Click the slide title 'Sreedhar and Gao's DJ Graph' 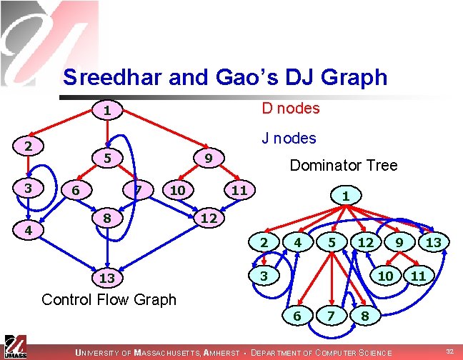(x=225, y=76)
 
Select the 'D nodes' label (x=290, y=109)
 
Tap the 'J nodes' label (x=289, y=138)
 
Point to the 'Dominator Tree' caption (x=343, y=166)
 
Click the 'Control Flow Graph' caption (x=109, y=299)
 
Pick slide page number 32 (x=449, y=351)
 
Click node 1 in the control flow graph (x=106, y=111)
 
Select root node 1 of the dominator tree (x=345, y=195)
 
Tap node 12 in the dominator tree (x=366, y=243)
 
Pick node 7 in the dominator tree (x=330, y=315)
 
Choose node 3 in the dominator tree (x=264, y=275)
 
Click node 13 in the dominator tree (x=434, y=243)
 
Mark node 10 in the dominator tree (x=386, y=275)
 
